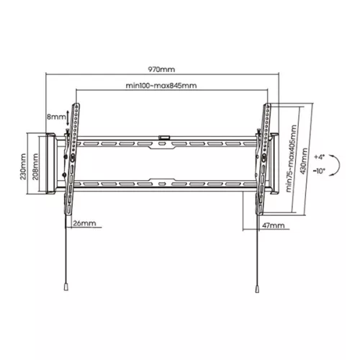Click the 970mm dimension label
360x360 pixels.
point(161,70)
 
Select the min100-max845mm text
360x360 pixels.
point(161,85)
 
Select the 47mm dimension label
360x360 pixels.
point(274,225)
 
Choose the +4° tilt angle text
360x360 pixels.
point(320,155)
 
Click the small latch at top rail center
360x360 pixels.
point(164,135)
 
